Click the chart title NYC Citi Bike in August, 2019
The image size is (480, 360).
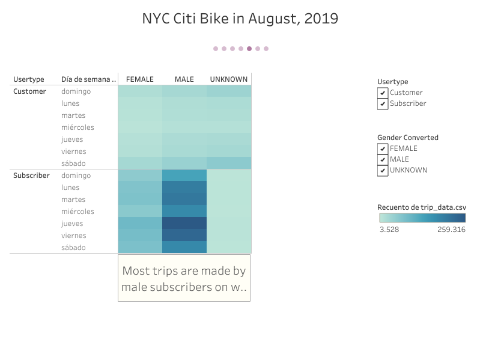pyautogui.click(x=240, y=19)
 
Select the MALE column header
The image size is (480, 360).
pyautogui.click(x=184, y=79)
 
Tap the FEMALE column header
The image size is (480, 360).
pyautogui.click(x=140, y=79)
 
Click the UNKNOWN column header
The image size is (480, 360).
pyautogui.click(x=228, y=79)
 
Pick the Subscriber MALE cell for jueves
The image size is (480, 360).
pyautogui.click(x=184, y=224)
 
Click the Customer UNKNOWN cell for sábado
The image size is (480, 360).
pyautogui.click(x=229, y=163)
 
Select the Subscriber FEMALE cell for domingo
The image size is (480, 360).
pyautogui.click(x=140, y=175)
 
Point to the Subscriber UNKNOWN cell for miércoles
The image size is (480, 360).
pyautogui.click(x=229, y=212)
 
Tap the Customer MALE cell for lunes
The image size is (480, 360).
pyautogui.click(x=184, y=103)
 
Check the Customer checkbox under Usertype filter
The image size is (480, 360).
pyautogui.click(x=383, y=93)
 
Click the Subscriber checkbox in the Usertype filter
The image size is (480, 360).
pyautogui.click(x=383, y=103)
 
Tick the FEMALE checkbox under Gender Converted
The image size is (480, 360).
pyautogui.click(x=383, y=148)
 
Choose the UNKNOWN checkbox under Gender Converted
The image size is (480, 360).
pyautogui.click(x=383, y=170)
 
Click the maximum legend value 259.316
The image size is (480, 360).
pyautogui.click(x=451, y=230)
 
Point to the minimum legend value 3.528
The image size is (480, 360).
pyautogui.click(x=389, y=230)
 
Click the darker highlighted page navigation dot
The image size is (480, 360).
pyautogui.click(x=249, y=49)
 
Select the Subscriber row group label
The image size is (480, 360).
pyautogui.click(x=31, y=175)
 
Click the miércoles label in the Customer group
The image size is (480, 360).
pyautogui.click(x=77, y=127)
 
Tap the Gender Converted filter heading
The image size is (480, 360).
pyautogui.click(x=408, y=138)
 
